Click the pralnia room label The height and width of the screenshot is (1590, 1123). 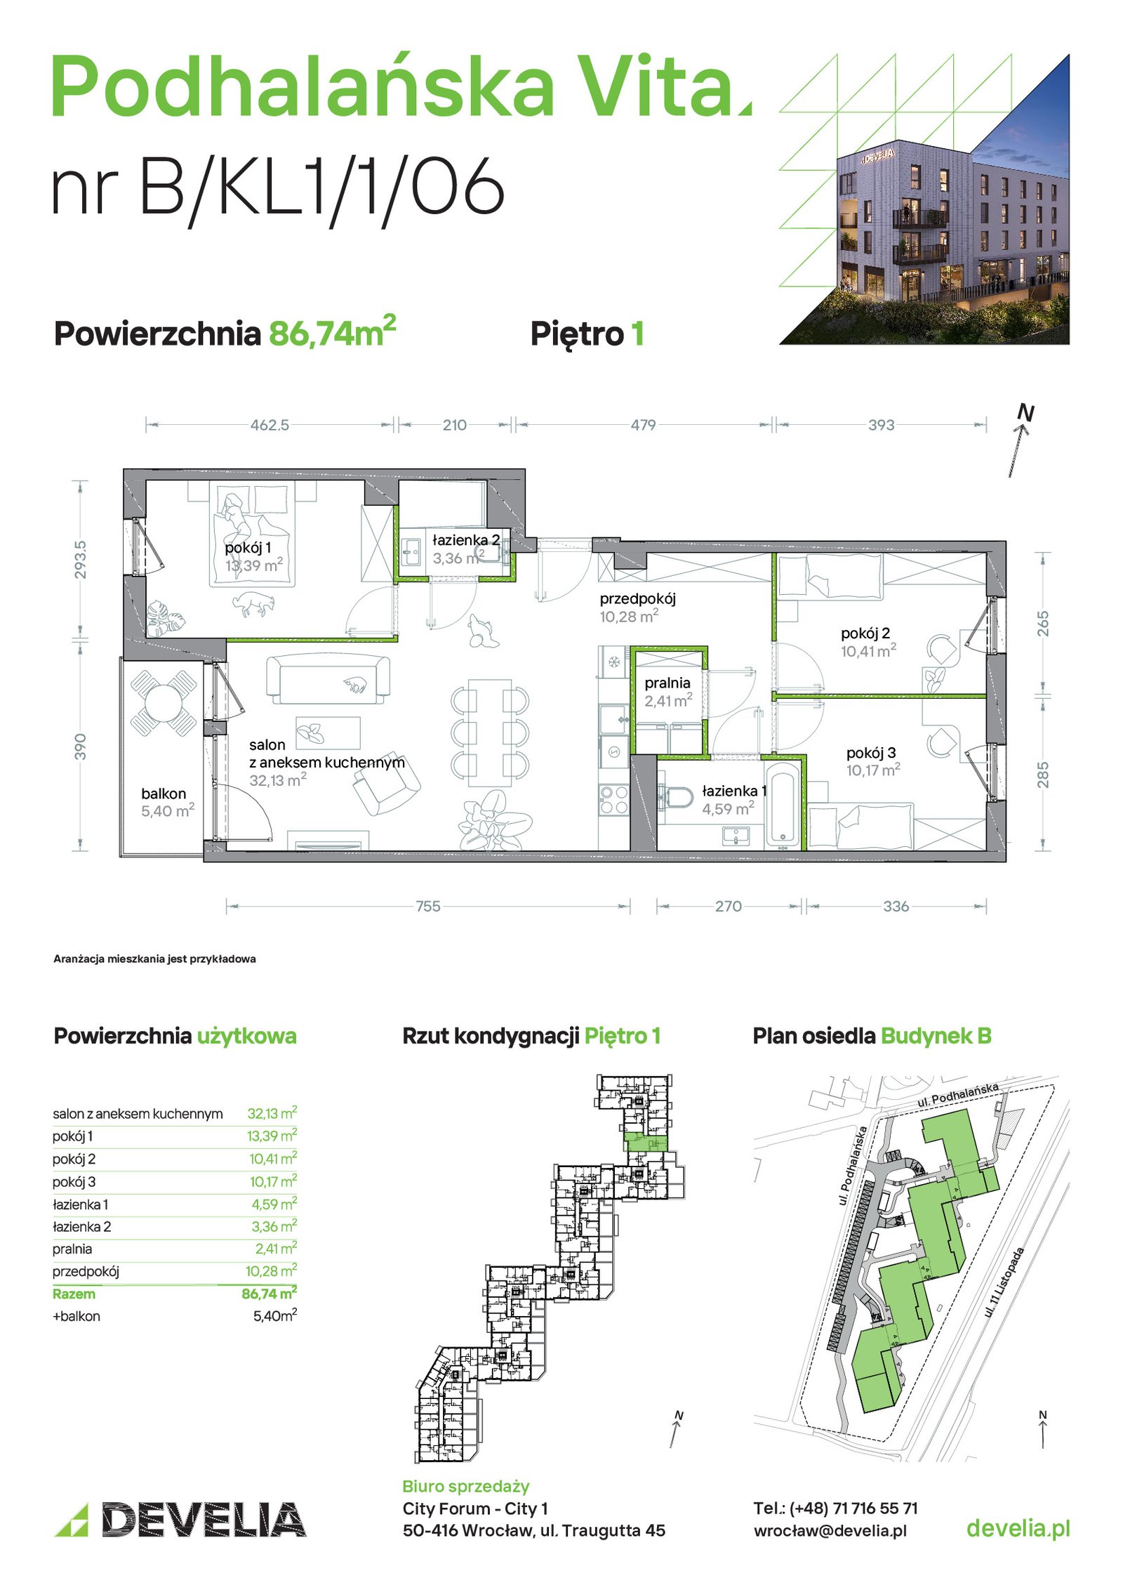tap(667, 683)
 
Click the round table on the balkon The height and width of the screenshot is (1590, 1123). tap(164, 702)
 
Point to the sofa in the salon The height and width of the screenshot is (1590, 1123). tap(328, 679)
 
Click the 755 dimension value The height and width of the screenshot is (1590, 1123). tap(428, 906)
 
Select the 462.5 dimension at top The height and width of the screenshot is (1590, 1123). tap(270, 425)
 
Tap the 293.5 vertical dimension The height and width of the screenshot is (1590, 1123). tap(81, 560)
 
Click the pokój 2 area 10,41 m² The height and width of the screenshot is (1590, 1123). tap(868, 651)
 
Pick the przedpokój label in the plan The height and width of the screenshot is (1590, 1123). tap(637, 598)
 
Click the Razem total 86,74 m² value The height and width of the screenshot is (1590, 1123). tap(269, 1293)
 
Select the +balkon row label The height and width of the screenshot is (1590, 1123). tap(77, 1316)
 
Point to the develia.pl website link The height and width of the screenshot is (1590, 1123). tap(1018, 1528)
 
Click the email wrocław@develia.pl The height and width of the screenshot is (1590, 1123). tap(830, 1531)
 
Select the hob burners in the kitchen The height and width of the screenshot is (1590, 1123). tap(613, 800)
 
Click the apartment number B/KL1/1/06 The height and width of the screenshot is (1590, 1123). tap(278, 185)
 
